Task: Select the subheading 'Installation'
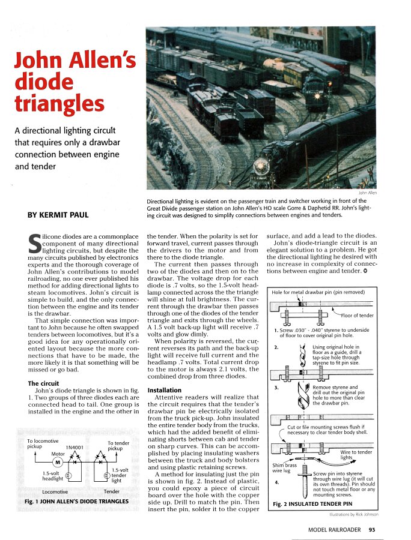(164, 390)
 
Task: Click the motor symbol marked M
(58, 462)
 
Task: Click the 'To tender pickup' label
(118, 446)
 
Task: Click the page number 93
(373, 529)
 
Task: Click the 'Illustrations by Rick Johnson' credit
(354, 514)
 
